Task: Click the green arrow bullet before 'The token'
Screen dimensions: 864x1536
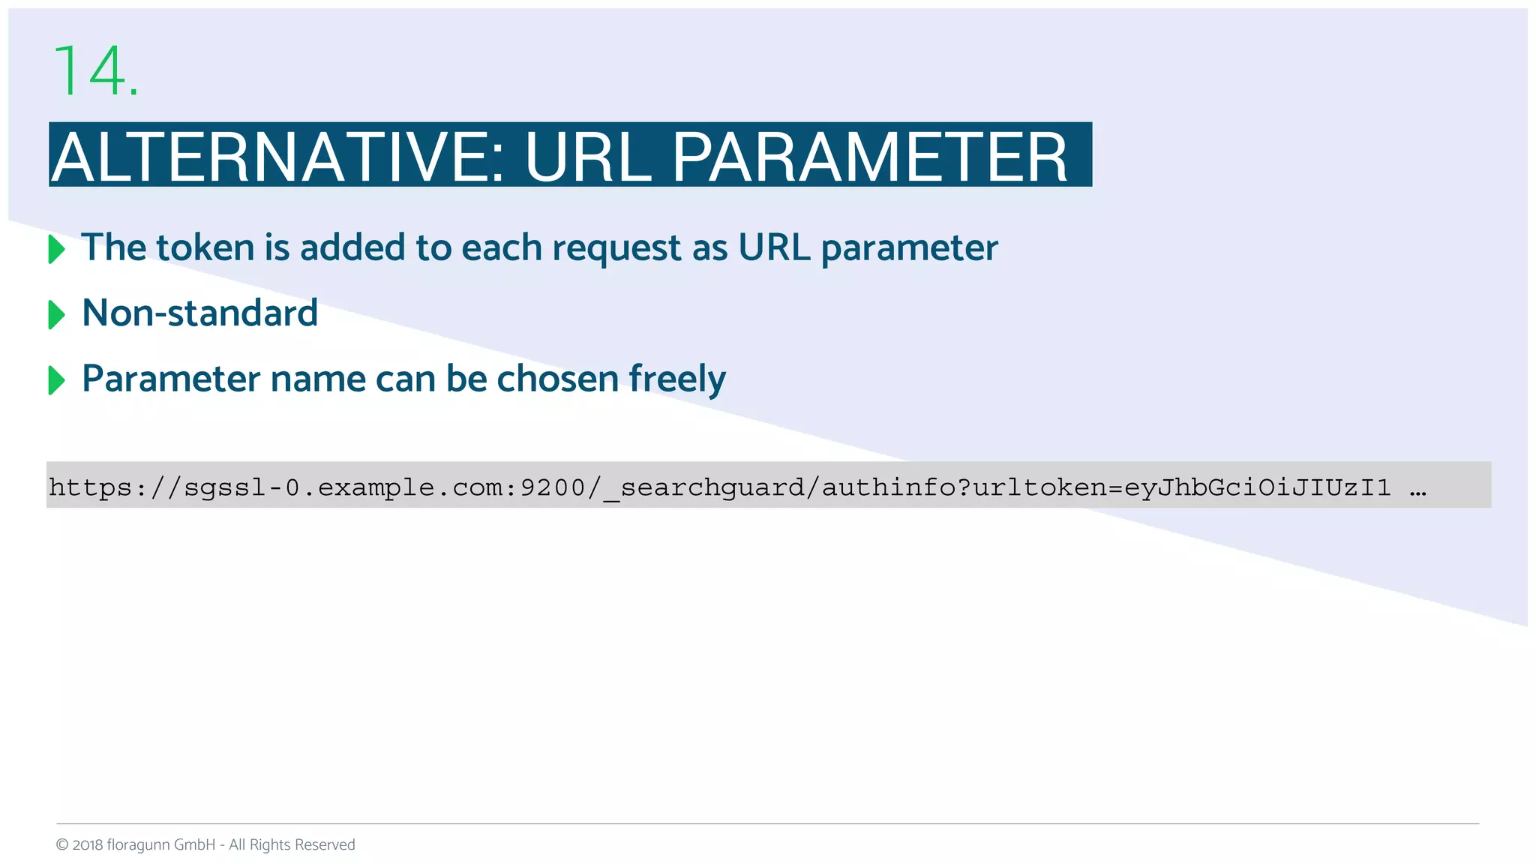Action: click(x=56, y=249)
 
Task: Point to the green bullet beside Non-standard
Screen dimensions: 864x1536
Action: click(x=56, y=314)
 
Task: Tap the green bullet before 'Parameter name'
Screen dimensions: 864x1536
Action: click(x=56, y=380)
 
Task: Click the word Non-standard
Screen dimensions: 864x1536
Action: click(x=199, y=313)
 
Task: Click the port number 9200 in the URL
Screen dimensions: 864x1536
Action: click(x=553, y=487)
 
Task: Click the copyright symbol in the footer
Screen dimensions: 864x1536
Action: click(x=62, y=845)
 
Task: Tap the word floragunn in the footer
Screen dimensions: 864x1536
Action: click(x=138, y=845)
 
